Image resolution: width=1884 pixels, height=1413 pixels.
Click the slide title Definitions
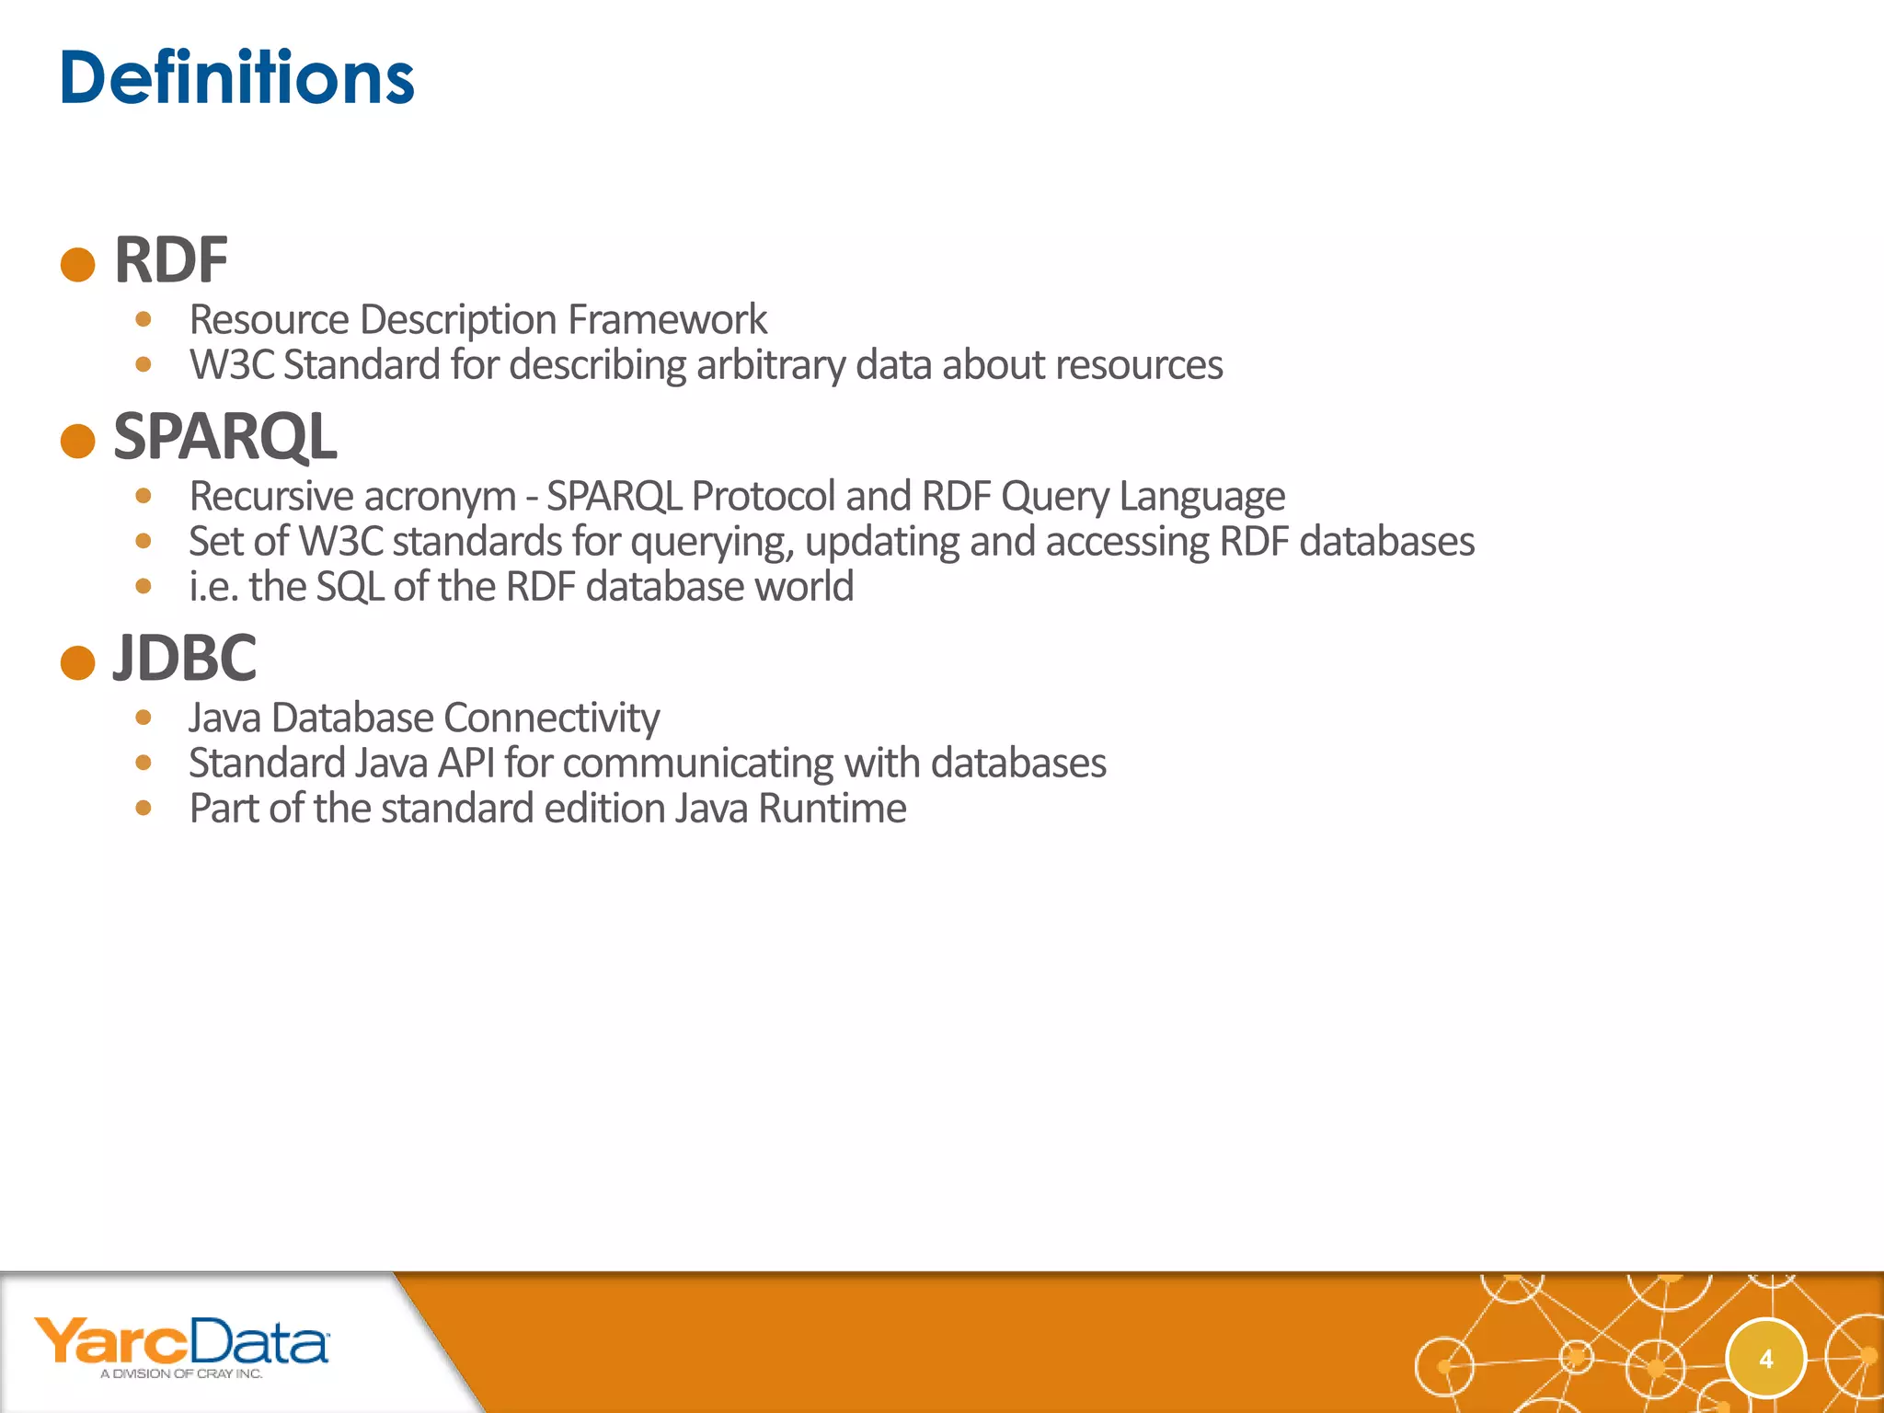[x=236, y=78]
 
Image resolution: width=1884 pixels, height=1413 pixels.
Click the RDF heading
[x=170, y=260]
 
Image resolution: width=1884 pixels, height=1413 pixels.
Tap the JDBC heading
[x=184, y=658]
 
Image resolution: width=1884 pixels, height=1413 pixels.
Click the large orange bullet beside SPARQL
[x=78, y=441]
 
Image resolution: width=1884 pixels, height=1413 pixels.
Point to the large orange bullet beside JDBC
[x=78, y=662]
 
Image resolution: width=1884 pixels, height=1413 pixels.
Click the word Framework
[x=667, y=320]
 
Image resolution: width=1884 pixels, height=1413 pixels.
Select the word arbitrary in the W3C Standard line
[x=770, y=365]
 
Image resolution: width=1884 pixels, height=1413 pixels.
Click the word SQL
[x=350, y=587]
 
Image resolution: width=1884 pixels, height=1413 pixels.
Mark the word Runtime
[x=832, y=809]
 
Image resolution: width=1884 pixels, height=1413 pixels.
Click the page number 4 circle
[x=1765, y=1359]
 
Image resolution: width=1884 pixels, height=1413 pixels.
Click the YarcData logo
[x=181, y=1341]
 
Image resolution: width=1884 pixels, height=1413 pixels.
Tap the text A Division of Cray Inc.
[x=181, y=1373]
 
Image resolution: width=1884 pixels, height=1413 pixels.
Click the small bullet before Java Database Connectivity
[x=143, y=718]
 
